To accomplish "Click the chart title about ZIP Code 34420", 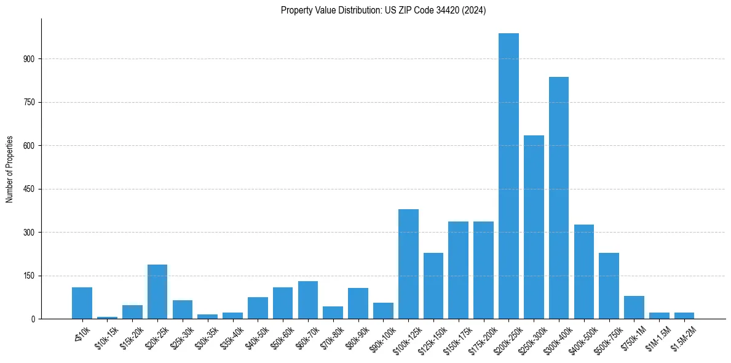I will pyautogui.click(x=383, y=10).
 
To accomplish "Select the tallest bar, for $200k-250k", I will pyautogui.click(x=508, y=176).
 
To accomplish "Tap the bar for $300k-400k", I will pyautogui.click(x=559, y=197).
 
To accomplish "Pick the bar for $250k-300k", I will pyautogui.click(x=534, y=227).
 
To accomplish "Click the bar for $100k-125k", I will pyautogui.click(x=408, y=264).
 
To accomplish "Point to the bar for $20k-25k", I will pyautogui.click(x=157, y=292).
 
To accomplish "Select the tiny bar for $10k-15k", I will pyautogui.click(x=107, y=317).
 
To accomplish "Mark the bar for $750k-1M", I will pyautogui.click(x=634, y=307).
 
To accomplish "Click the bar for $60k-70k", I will pyautogui.click(x=308, y=300).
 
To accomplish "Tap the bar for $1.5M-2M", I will pyautogui.click(x=684, y=316).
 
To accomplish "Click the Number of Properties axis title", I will pyautogui.click(x=10, y=169).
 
